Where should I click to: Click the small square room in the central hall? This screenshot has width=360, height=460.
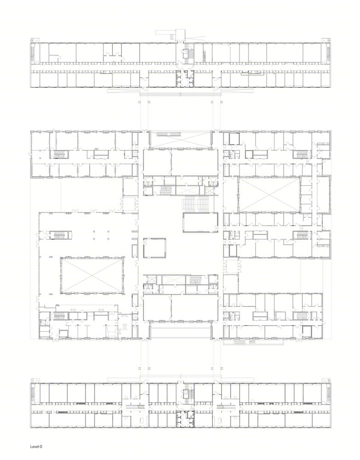[x=154, y=248]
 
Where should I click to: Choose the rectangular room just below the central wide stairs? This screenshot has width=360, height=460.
[x=200, y=222]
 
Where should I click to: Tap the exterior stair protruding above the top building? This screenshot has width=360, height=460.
[x=167, y=33]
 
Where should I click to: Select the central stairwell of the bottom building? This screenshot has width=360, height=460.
[x=188, y=394]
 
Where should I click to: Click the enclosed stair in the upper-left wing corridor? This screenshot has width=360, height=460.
[x=58, y=155]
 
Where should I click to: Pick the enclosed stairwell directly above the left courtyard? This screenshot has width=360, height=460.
[x=58, y=236]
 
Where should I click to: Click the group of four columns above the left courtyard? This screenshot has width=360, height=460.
[x=101, y=235]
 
